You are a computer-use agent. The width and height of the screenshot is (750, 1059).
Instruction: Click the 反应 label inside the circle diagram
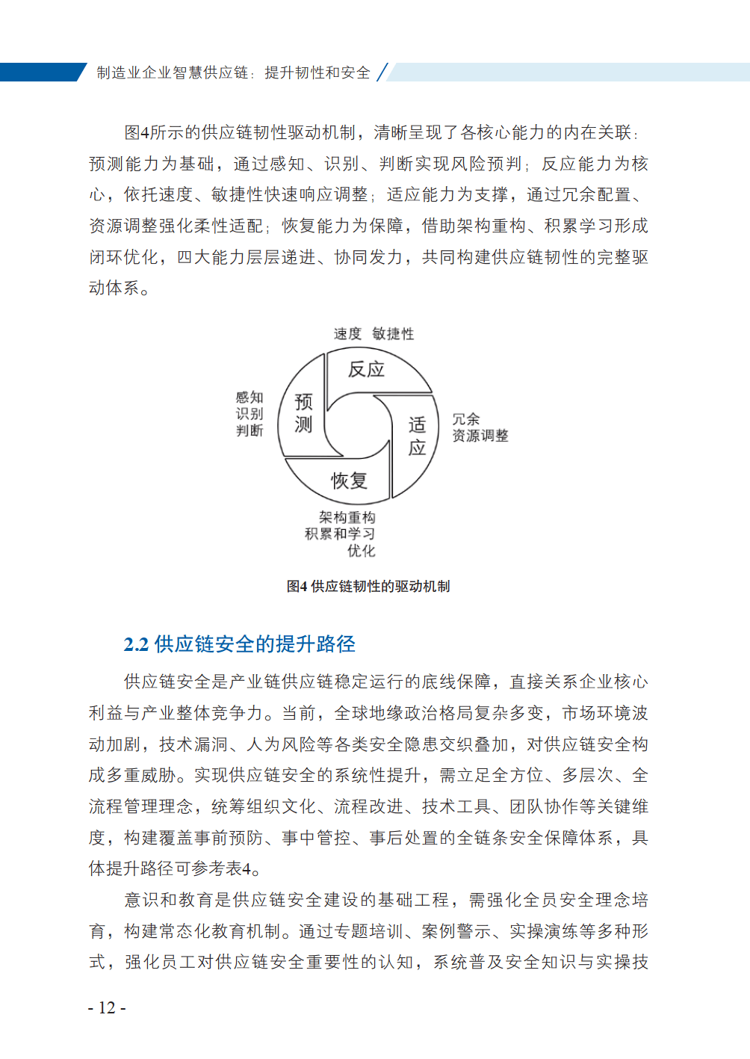pos(366,369)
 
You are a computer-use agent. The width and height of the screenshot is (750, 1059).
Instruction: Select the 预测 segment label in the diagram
pos(303,413)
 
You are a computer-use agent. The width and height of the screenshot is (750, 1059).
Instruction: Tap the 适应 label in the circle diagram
pos(417,436)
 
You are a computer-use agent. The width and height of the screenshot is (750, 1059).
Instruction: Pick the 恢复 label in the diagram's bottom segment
pos(350,481)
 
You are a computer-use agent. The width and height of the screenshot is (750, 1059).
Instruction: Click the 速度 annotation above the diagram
pos(347,334)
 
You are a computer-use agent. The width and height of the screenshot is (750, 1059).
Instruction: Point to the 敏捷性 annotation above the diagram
pos(393,334)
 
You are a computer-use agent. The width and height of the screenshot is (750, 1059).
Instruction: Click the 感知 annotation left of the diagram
pos(250,398)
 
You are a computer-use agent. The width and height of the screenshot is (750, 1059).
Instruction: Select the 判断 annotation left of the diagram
pos(250,430)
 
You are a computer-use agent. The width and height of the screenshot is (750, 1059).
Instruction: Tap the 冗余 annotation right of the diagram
pos(466,419)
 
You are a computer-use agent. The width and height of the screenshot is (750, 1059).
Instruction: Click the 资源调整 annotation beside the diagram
pos(480,436)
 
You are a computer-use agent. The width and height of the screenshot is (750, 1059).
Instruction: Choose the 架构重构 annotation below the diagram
pos(347,517)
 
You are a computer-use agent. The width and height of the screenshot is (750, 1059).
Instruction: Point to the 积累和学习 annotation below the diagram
pos(340,534)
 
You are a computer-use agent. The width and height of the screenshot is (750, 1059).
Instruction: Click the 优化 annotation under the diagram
pos(361,551)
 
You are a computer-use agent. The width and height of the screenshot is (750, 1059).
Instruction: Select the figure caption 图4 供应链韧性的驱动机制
pos(368,587)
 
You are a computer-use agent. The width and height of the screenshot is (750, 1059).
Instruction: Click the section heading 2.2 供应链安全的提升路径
pos(239,644)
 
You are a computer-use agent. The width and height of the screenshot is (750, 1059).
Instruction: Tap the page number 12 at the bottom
pos(107,1007)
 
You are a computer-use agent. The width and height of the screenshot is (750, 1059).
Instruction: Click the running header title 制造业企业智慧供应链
pos(173,72)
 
